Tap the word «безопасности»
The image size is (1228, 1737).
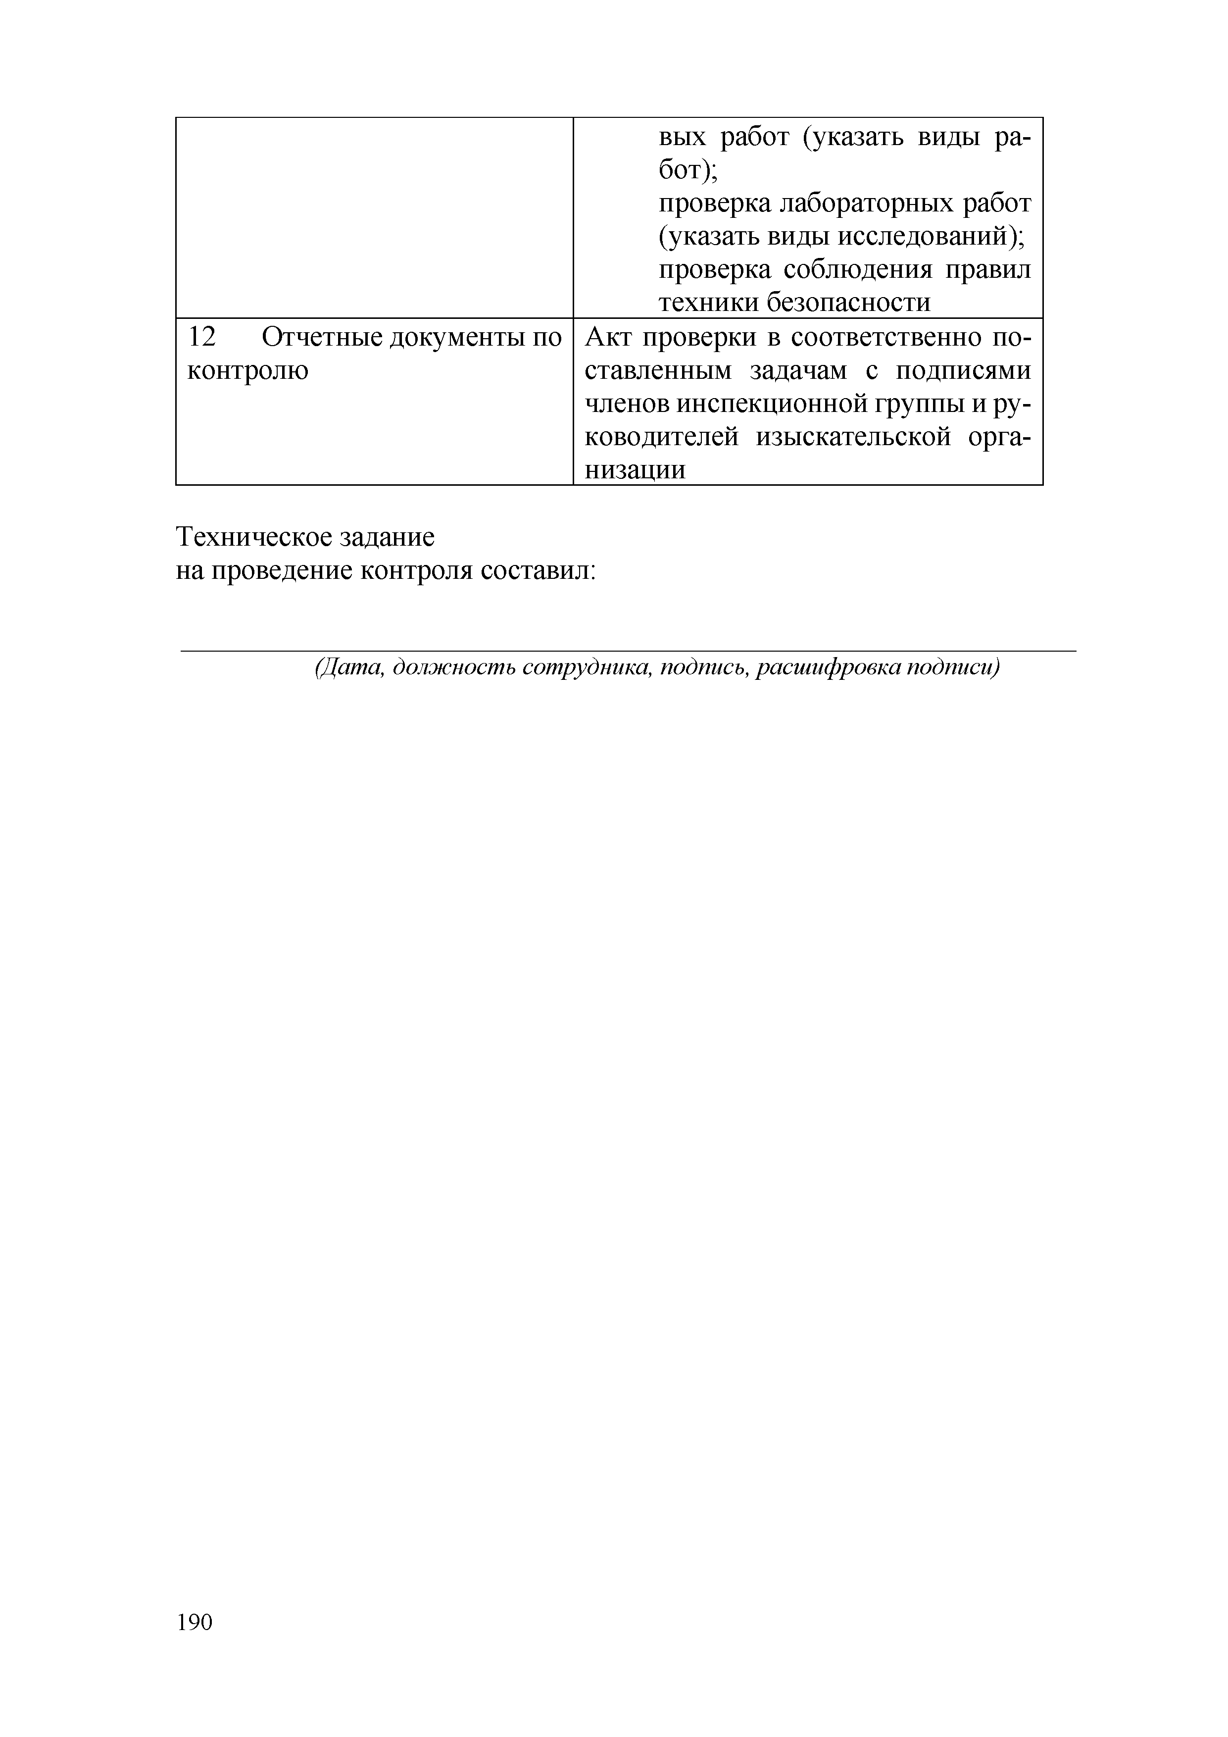(x=849, y=304)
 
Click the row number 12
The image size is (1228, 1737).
(x=201, y=337)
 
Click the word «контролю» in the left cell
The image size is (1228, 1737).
(x=248, y=371)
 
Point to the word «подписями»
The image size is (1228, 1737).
(x=963, y=371)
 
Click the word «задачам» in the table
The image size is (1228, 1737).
(x=798, y=371)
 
